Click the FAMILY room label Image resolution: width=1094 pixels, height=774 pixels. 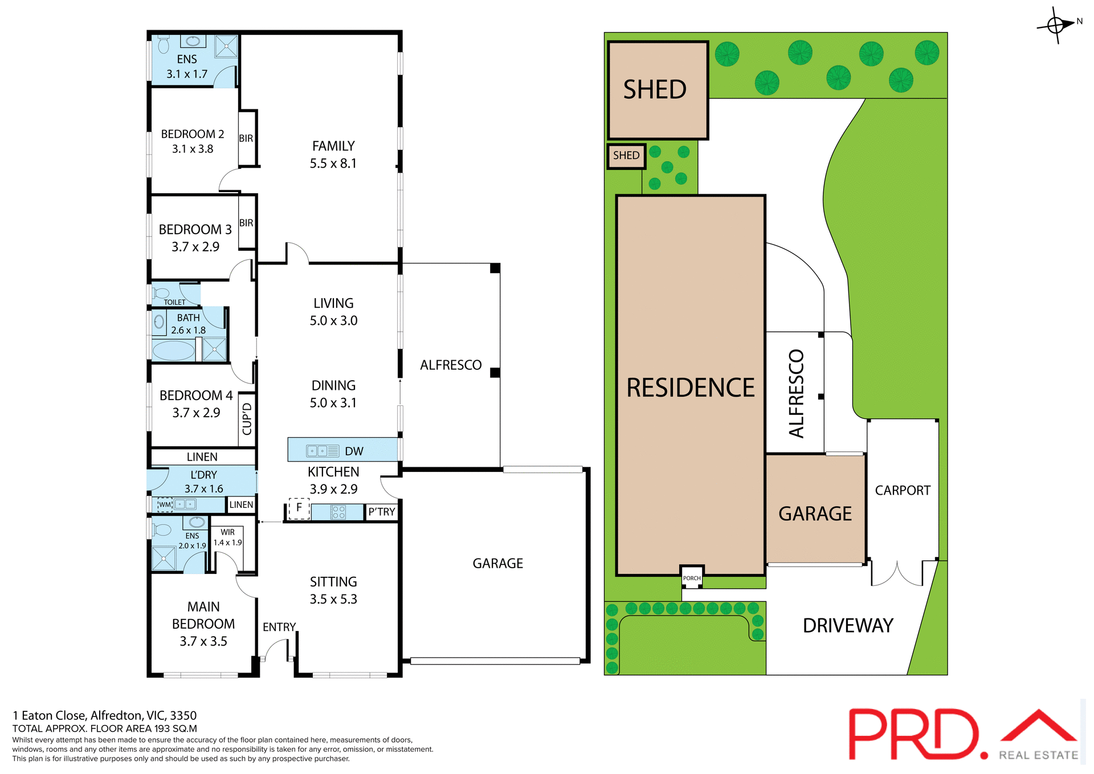tap(333, 146)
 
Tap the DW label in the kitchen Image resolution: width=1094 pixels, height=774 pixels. tap(354, 451)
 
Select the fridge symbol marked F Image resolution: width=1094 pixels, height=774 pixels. tap(299, 508)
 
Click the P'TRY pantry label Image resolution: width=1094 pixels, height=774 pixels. tap(381, 512)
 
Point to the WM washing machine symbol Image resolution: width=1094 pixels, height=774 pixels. tap(165, 504)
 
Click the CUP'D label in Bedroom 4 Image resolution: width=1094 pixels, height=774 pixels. tap(247, 419)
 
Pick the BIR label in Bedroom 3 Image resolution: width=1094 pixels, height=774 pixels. tap(246, 223)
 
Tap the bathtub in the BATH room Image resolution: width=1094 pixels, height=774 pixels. tap(173, 350)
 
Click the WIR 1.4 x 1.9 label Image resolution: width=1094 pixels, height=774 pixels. tap(227, 537)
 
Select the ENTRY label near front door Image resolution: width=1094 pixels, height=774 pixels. tap(279, 627)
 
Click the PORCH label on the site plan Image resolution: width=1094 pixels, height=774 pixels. tap(692, 578)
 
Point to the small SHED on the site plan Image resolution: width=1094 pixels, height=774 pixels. tap(626, 156)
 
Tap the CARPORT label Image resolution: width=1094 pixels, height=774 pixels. tap(903, 490)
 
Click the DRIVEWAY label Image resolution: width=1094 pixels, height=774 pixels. tap(848, 626)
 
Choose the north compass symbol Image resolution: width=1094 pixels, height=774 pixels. tap(1056, 25)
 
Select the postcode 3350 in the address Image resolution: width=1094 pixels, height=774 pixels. tap(183, 715)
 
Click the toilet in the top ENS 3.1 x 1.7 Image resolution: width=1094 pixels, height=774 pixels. tap(164, 44)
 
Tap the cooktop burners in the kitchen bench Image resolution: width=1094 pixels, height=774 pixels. tap(338, 512)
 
